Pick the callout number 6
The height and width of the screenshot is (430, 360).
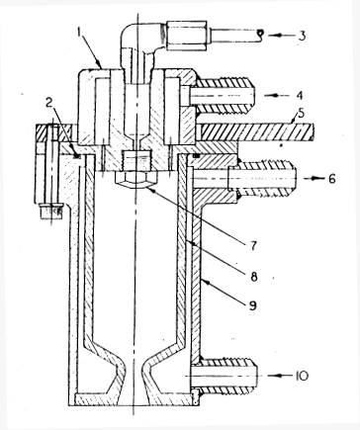coord(315,180)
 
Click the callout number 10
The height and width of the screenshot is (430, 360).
coord(314,375)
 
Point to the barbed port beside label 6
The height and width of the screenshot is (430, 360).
coord(237,180)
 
